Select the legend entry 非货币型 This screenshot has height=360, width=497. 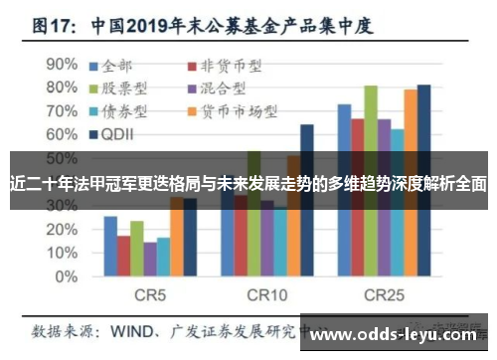(225, 68)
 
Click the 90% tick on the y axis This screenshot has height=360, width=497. (63, 63)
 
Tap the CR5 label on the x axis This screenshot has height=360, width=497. (150, 295)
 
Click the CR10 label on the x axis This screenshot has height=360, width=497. (266, 295)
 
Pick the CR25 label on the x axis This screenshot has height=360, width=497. (384, 295)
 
